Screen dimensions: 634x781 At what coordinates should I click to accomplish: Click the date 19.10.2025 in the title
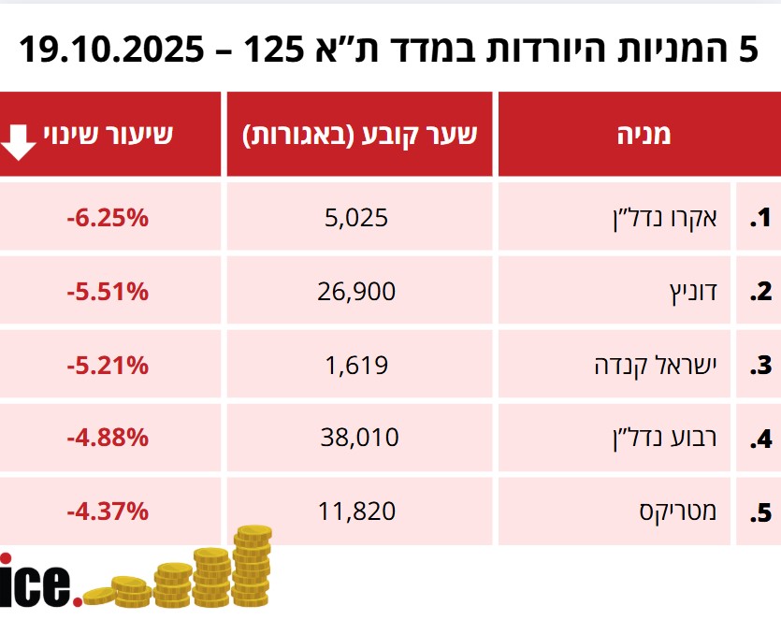point(109,48)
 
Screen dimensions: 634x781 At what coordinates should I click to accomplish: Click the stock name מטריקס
point(680,512)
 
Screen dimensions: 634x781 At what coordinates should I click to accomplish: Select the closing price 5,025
point(355,219)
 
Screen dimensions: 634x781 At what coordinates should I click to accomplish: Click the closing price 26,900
point(356,292)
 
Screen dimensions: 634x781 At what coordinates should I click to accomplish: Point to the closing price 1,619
point(356,365)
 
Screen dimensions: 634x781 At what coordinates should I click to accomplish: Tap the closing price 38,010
point(356,438)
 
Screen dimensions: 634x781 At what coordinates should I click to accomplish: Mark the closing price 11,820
point(356,512)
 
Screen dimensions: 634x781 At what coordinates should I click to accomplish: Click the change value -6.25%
point(108,219)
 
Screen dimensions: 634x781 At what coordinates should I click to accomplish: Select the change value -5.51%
point(108,292)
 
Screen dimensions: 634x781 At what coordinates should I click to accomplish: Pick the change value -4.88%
point(108,438)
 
